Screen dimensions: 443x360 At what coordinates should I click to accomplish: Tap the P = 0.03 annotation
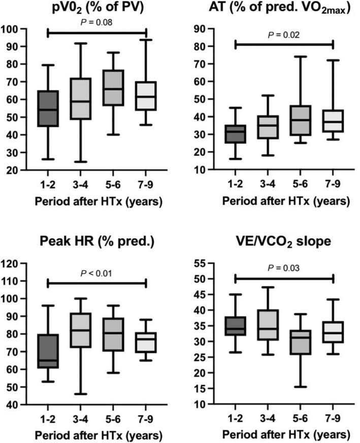point(284,268)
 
